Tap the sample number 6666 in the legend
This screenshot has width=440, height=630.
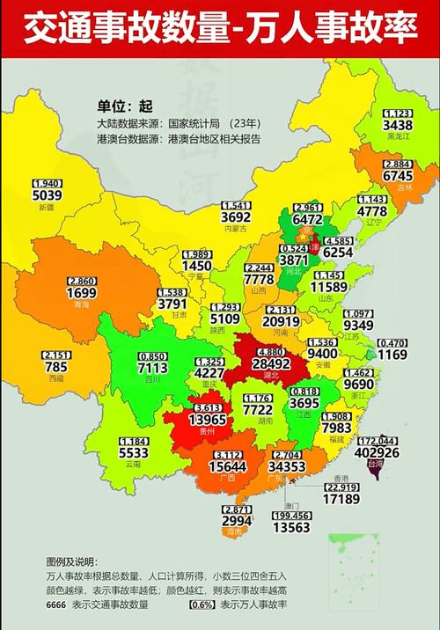[60, 605]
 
